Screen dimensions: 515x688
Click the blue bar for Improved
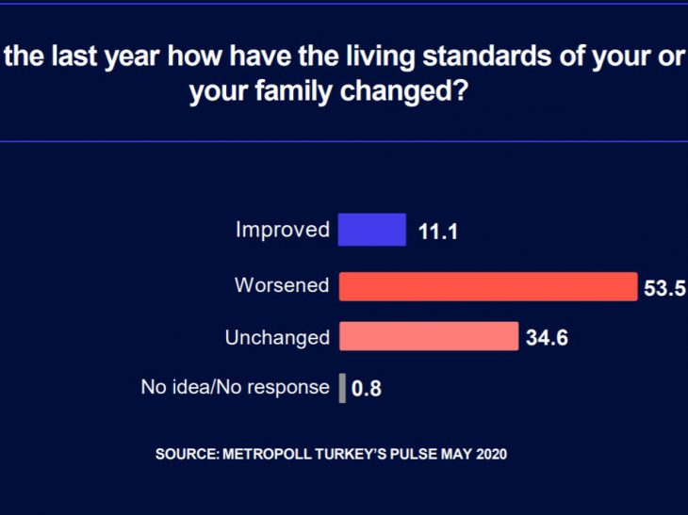tap(371, 230)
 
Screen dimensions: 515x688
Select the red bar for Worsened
tap(487, 286)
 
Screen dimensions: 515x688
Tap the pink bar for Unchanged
tap(428, 336)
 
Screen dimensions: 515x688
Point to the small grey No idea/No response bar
tap(342, 387)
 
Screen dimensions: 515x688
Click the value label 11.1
tap(438, 232)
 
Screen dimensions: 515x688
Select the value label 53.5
tap(664, 288)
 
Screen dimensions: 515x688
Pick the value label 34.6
tap(547, 338)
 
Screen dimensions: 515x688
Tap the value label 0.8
tap(367, 388)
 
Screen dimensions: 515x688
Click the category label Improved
tap(283, 230)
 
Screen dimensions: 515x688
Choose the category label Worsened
tap(282, 285)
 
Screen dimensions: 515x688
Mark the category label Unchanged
tap(277, 337)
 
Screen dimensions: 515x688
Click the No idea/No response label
tap(235, 387)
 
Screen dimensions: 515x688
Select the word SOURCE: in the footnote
tap(187, 454)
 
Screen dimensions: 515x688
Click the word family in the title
tap(299, 93)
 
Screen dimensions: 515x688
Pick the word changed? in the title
tap(418, 93)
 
